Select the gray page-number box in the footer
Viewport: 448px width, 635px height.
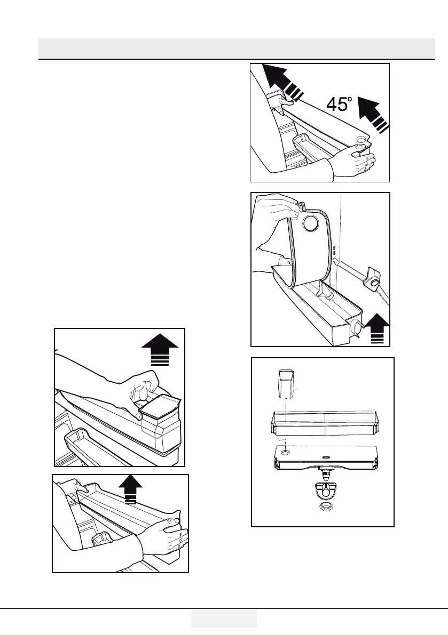pos(224,618)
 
